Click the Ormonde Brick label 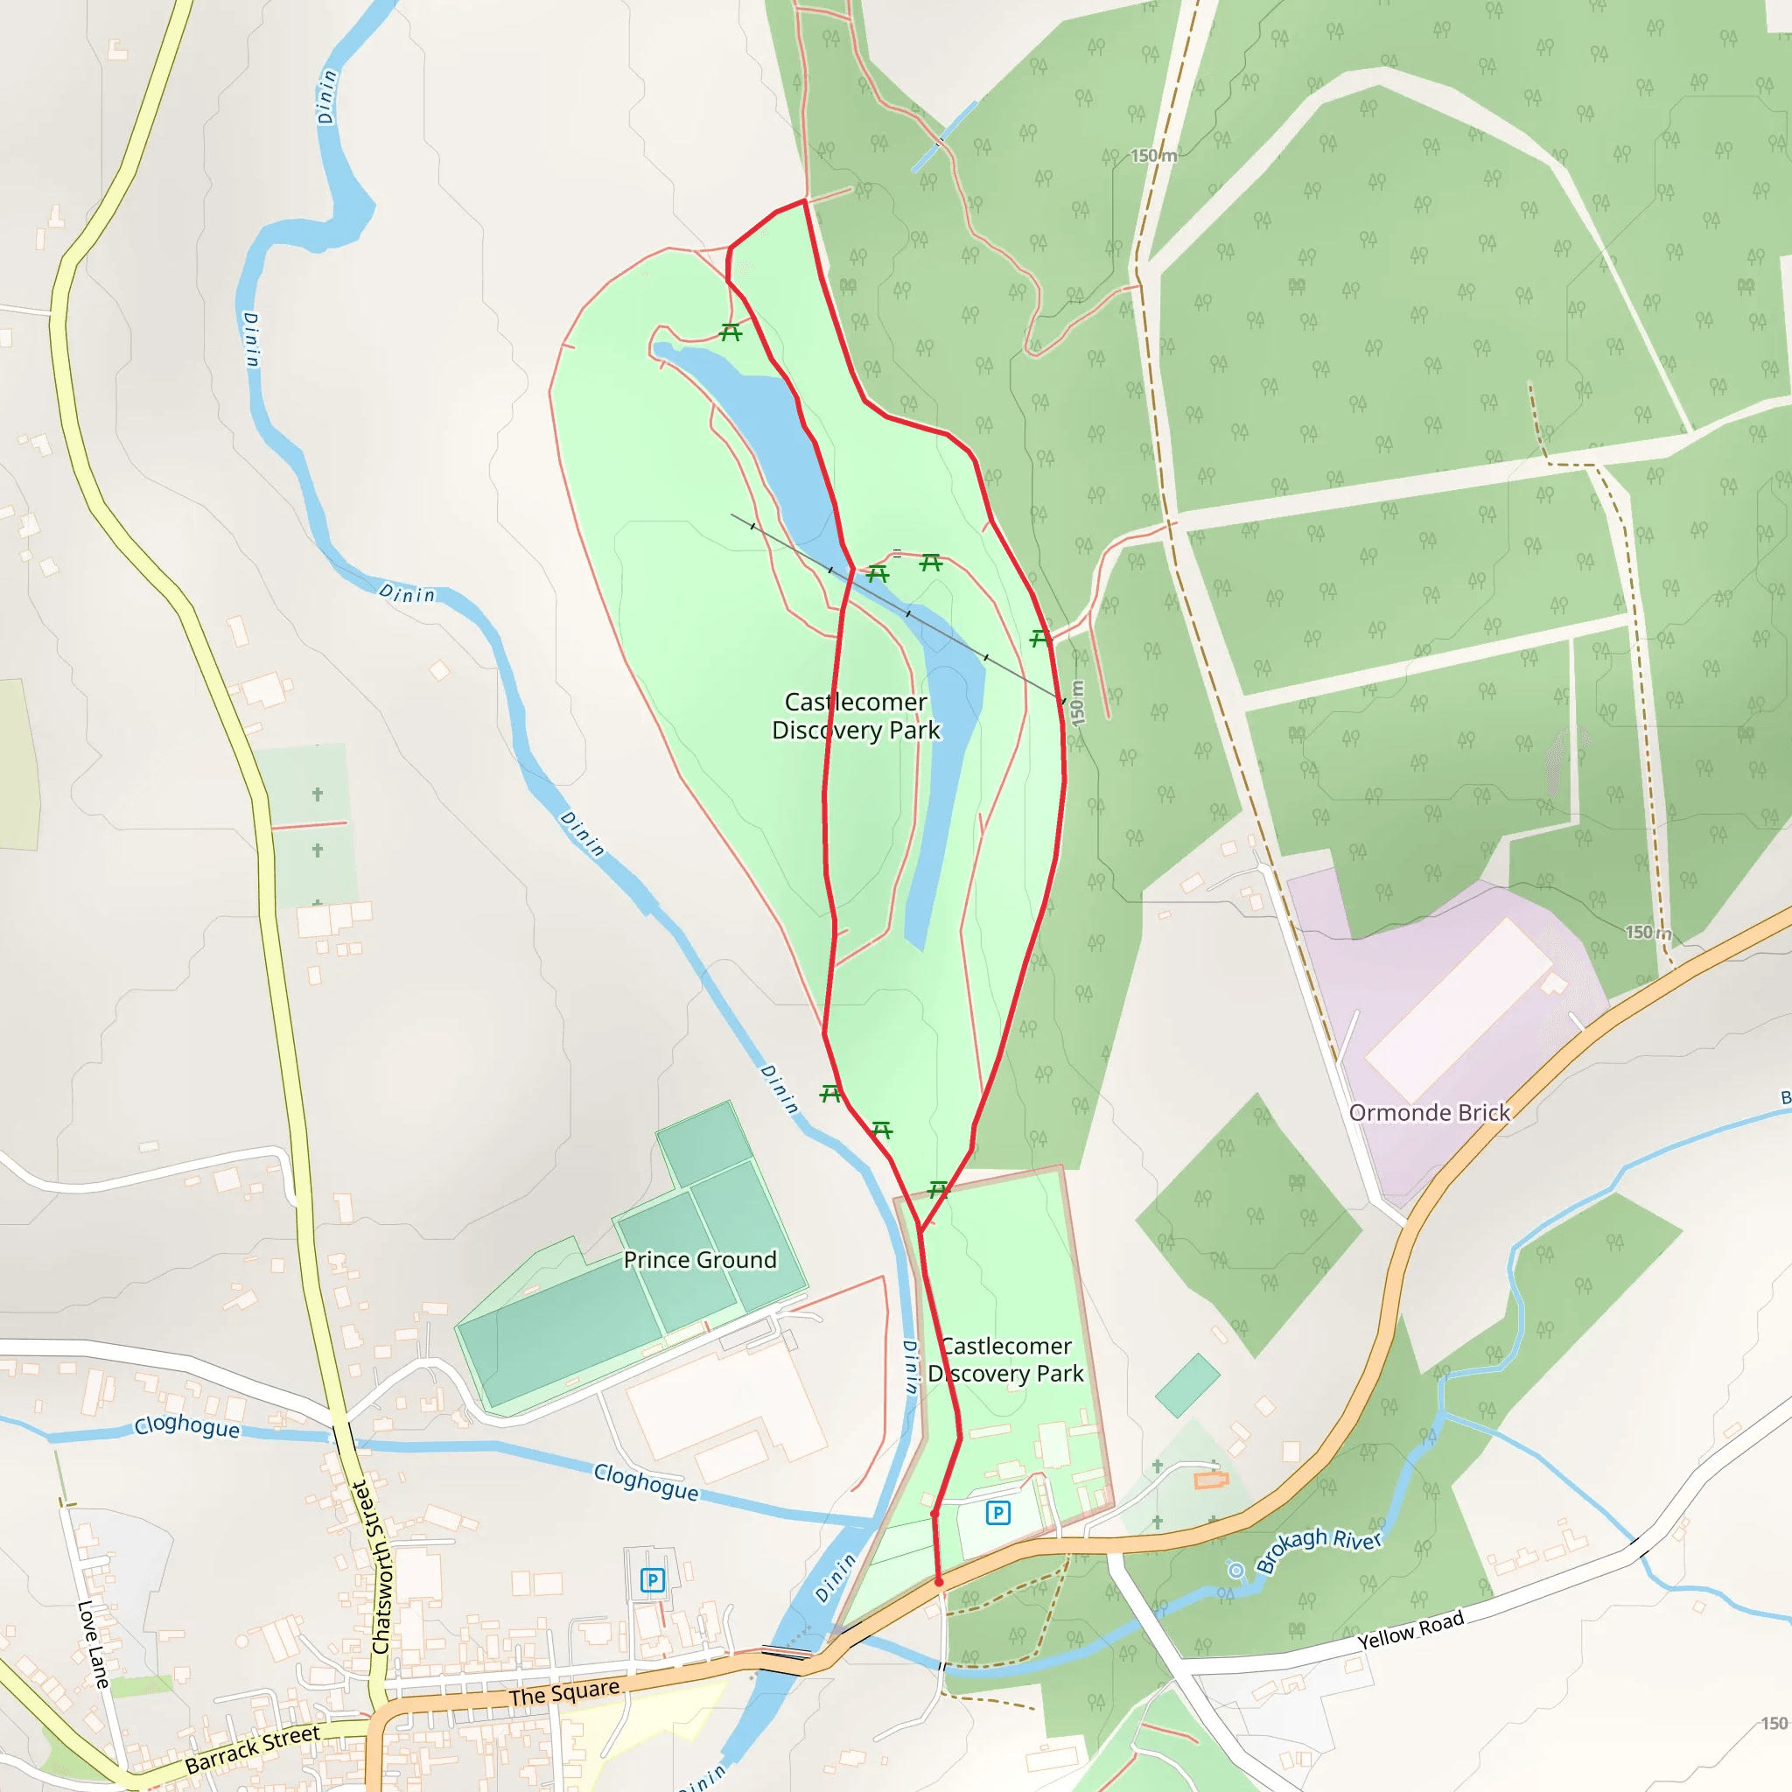coord(1430,1113)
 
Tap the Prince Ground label coord(699,1260)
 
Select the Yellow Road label coord(1410,1629)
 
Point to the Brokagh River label coord(1319,1550)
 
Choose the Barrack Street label coord(252,1749)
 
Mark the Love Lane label coord(93,1643)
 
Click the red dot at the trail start coord(939,1582)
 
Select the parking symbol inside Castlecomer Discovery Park coord(998,1513)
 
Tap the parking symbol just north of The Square coord(653,1579)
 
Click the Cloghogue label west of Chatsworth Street coord(186,1425)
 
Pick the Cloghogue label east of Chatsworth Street coord(646,1481)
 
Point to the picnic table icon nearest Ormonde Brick coord(1039,638)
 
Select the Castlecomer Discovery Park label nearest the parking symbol coord(1005,1359)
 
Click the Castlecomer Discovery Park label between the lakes coord(855,716)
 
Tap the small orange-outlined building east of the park coord(1211,1480)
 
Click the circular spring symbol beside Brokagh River coord(1235,1570)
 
